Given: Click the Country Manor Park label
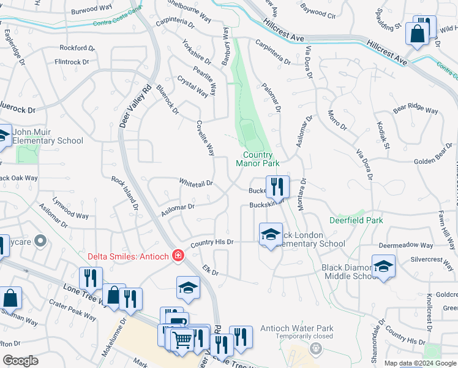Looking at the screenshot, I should pos(257,159).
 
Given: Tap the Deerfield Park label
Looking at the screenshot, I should pos(356,220).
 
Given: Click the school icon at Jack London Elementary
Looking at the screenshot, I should pos(270,234).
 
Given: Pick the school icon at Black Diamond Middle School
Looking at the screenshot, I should pos(383,266).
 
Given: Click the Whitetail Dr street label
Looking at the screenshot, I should pos(195,183).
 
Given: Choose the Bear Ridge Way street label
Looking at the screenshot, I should pos(416,110).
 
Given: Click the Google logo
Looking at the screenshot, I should pos(21,361).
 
